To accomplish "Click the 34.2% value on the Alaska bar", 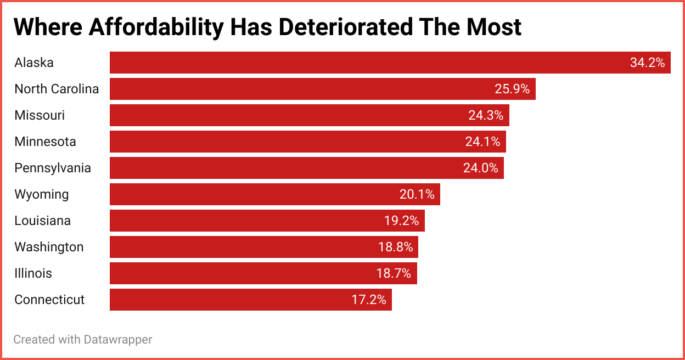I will click(x=647, y=63).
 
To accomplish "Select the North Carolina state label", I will click(x=57, y=89).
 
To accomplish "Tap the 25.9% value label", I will click(x=512, y=89).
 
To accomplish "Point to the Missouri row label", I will click(x=40, y=115).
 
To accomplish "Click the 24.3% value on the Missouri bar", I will click(x=486, y=115).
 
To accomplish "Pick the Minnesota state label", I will click(x=45, y=142).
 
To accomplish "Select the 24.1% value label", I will click(x=482, y=142).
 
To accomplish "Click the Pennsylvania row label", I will click(x=53, y=168).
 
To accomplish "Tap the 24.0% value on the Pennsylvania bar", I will click(x=480, y=168).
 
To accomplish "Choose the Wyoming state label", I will click(x=42, y=194).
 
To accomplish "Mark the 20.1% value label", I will click(x=417, y=194).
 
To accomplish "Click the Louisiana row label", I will click(x=42, y=221).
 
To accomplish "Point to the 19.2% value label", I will click(x=401, y=221).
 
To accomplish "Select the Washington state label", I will click(x=49, y=247).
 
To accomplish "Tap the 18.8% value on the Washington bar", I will click(x=395, y=247).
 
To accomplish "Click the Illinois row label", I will click(x=33, y=273).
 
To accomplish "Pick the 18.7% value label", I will click(x=394, y=273).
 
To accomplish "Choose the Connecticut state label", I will click(x=49, y=300).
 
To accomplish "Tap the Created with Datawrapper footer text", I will click(x=82, y=340).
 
